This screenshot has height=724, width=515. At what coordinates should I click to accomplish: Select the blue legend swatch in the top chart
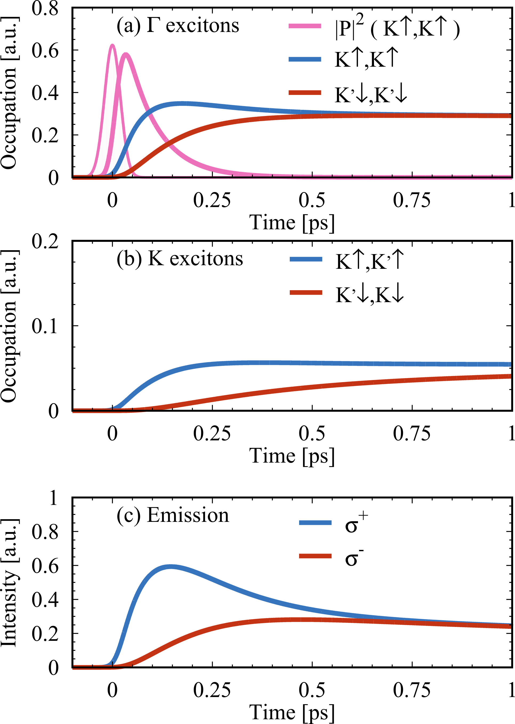click(304, 59)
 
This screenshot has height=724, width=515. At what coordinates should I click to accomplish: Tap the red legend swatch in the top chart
click(304, 93)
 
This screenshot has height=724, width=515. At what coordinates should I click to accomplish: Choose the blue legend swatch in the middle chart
click(306, 259)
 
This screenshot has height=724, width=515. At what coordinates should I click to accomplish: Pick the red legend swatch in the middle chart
click(306, 293)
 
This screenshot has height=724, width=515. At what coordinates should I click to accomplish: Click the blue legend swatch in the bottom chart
click(315, 523)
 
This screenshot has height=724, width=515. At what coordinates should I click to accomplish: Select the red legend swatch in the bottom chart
click(315, 556)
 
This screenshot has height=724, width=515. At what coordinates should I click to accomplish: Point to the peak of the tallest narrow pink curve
click(112, 45)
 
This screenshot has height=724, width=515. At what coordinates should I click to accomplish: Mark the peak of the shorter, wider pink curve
click(126, 54)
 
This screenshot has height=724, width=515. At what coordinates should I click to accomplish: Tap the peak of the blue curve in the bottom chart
click(171, 567)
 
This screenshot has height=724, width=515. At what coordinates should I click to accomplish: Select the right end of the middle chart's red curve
click(510, 376)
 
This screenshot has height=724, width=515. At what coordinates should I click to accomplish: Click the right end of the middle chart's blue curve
click(510, 364)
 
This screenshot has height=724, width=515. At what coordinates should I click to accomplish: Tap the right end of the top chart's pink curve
click(510, 175)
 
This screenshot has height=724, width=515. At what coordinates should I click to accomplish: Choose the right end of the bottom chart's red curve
click(510, 627)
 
